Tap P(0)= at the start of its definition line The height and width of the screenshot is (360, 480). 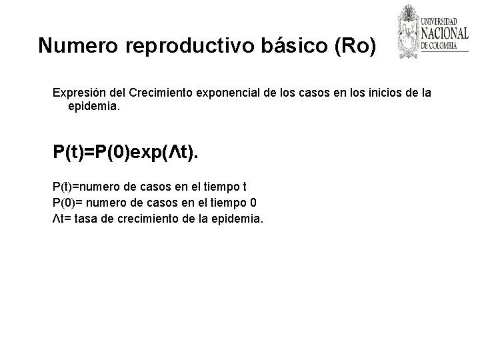[x=67, y=202]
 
